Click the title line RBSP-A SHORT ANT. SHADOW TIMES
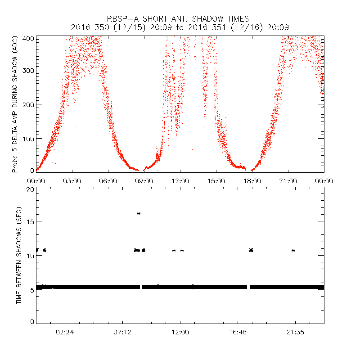180,18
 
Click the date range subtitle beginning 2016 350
180,27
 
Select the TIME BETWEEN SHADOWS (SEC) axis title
19,256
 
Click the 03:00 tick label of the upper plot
72,180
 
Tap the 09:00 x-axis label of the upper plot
144,180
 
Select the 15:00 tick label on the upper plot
216,180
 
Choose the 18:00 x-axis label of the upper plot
252,180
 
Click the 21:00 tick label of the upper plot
288,180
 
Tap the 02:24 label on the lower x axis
65,333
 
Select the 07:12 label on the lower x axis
122,333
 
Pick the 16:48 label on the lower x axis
238,333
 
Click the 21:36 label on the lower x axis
295,333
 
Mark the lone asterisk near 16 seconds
139,213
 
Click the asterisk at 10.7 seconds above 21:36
293,250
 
